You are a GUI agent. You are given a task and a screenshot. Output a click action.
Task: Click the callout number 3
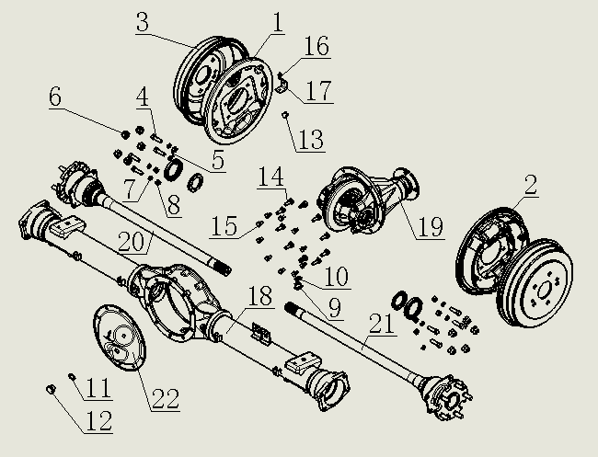[143, 23]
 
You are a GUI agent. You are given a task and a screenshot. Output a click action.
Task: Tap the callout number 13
[311, 139]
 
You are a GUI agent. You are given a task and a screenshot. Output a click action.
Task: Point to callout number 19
[430, 226]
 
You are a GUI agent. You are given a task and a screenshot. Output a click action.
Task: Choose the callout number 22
[167, 398]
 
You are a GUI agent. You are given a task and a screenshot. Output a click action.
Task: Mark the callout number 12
[99, 421]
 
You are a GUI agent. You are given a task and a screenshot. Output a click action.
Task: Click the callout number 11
[99, 387]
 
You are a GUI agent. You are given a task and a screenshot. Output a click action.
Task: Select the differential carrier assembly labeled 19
[363, 204]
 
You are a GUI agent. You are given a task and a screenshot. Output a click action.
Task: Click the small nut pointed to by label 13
[286, 115]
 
